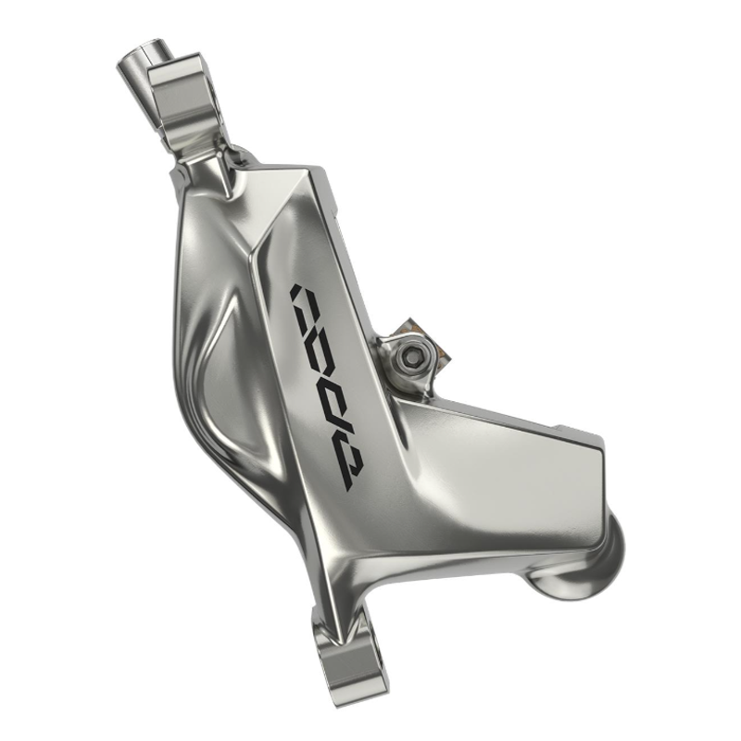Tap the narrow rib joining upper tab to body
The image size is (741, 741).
(212, 167)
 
